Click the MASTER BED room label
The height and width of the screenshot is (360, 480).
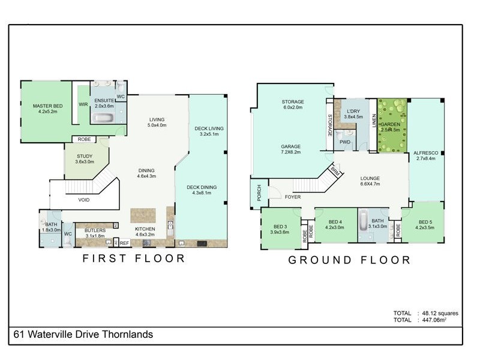pyautogui.click(x=47, y=106)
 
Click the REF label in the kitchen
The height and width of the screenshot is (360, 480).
pyautogui.click(x=124, y=243)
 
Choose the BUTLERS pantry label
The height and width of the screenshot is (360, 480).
pyautogui.click(x=95, y=230)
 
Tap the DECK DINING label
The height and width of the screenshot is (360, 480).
pyautogui.click(x=205, y=187)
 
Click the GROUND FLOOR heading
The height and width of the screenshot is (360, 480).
pyautogui.click(x=350, y=260)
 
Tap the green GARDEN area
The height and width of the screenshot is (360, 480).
pyautogui.click(x=392, y=125)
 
